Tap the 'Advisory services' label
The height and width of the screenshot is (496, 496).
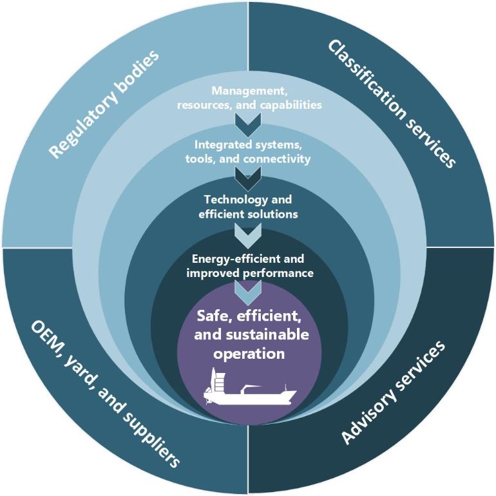(x=392, y=393)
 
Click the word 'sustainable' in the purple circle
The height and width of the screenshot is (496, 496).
(x=268, y=335)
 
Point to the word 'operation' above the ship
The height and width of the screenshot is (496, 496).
(x=249, y=354)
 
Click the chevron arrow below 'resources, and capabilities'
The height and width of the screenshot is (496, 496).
(x=248, y=120)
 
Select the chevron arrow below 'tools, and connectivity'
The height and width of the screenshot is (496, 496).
(x=248, y=176)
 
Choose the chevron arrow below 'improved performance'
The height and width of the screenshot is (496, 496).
(x=248, y=291)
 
